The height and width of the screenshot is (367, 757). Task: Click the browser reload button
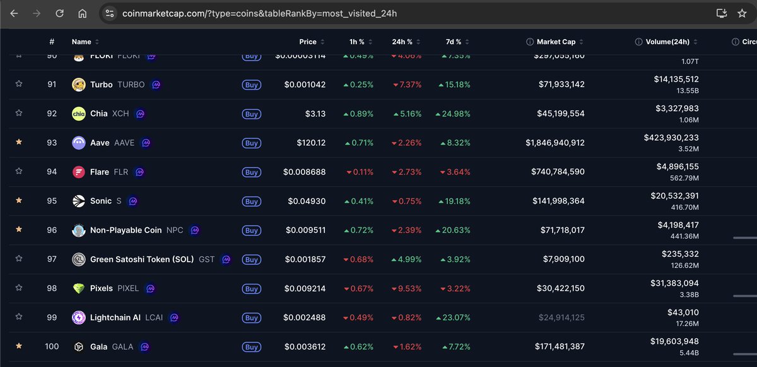click(x=59, y=13)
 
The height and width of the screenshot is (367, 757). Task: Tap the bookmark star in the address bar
click(x=742, y=13)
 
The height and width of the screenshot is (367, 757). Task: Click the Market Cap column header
click(x=556, y=42)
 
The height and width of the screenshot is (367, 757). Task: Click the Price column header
click(x=308, y=42)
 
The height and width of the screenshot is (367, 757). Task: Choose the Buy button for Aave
click(x=252, y=143)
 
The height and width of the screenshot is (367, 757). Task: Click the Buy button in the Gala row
click(x=252, y=347)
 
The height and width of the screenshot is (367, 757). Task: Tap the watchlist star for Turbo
click(x=19, y=84)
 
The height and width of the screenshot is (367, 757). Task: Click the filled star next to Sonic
click(x=19, y=200)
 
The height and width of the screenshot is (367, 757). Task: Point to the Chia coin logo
click(x=79, y=114)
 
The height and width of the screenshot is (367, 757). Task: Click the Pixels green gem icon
click(x=79, y=288)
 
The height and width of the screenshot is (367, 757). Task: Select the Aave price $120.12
click(x=311, y=143)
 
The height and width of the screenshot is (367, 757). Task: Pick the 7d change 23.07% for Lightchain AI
click(x=453, y=318)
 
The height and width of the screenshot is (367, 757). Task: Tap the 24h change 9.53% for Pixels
click(x=408, y=289)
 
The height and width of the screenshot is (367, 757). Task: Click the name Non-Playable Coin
click(x=126, y=230)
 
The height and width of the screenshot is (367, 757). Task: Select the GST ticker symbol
click(x=206, y=259)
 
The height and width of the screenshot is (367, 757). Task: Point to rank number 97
click(x=52, y=259)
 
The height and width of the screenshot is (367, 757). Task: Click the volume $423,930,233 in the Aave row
click(x=671, y=137)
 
